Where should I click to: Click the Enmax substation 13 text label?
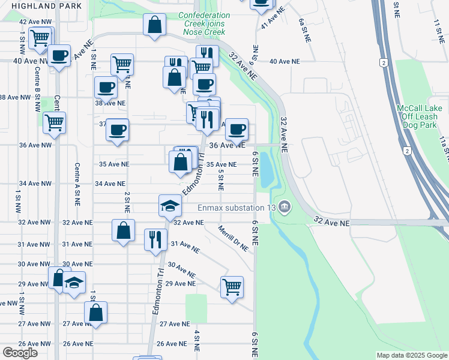237,208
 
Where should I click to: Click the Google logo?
20,353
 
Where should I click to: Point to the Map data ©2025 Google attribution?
411,355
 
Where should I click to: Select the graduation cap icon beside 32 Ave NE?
170,205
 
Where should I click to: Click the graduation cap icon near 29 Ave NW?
74,282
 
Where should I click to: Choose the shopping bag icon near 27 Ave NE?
95,312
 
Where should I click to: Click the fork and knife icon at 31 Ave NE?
155,238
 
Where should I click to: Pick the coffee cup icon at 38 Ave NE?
106,87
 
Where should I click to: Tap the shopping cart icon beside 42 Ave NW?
40,37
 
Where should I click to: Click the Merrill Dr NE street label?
234,238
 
